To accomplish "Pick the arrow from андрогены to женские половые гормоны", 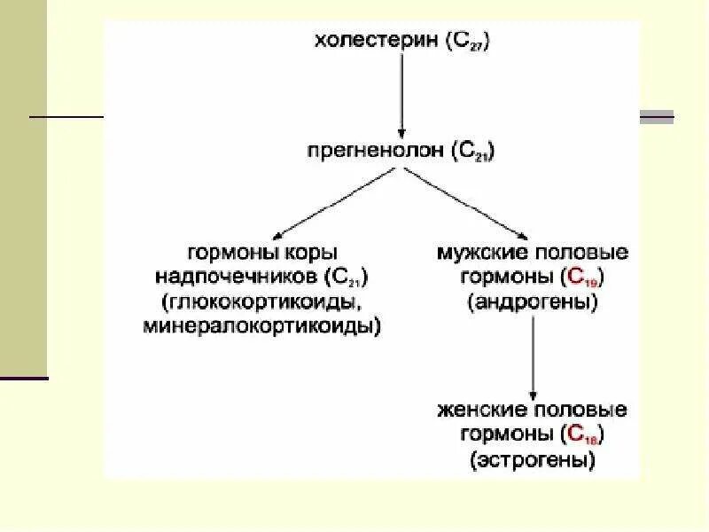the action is coord(532,355).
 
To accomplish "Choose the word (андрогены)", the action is coord(533,301).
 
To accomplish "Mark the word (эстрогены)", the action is coord(533,459).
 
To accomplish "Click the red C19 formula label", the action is coord(585,278).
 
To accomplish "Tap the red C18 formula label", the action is coord(585,435).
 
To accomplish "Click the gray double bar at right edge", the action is coord(657,116).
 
